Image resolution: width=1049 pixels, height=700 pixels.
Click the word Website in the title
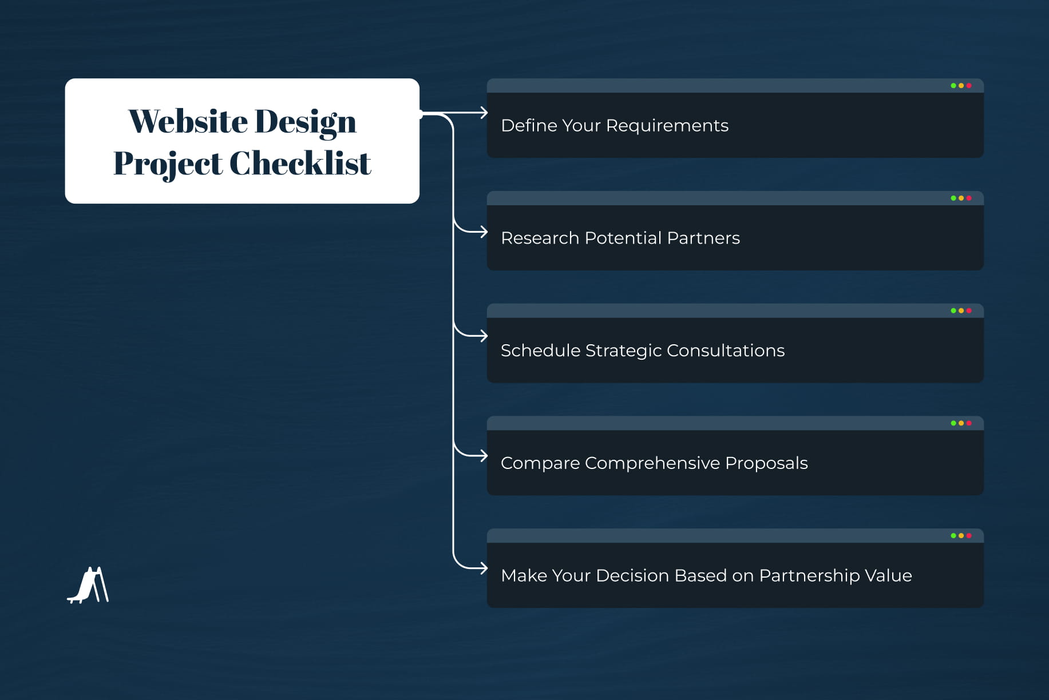(188, 121)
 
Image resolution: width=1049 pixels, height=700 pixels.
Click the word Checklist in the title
(300, 164)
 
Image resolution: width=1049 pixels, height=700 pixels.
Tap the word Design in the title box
(305, 121)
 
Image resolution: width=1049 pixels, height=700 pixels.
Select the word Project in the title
(167, 164)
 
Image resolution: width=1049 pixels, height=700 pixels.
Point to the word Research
(540, 238)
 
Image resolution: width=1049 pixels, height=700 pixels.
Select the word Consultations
(725, 351)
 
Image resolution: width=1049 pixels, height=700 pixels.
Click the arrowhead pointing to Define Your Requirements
(484, 113)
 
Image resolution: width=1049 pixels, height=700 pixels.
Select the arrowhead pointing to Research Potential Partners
(484, 232)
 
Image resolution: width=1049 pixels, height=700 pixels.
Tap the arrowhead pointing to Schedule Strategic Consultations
(484, 336)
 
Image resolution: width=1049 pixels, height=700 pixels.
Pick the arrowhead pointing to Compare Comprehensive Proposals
(484, 456)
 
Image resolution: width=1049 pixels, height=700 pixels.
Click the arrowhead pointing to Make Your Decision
(484, 568)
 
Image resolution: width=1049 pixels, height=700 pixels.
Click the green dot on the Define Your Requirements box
(953, 86)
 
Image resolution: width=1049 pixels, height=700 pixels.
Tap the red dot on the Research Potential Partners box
(969, 198)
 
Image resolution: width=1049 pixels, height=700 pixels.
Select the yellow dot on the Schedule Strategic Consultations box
(961, 311)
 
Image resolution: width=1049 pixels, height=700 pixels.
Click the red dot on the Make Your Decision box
(969, 536)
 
